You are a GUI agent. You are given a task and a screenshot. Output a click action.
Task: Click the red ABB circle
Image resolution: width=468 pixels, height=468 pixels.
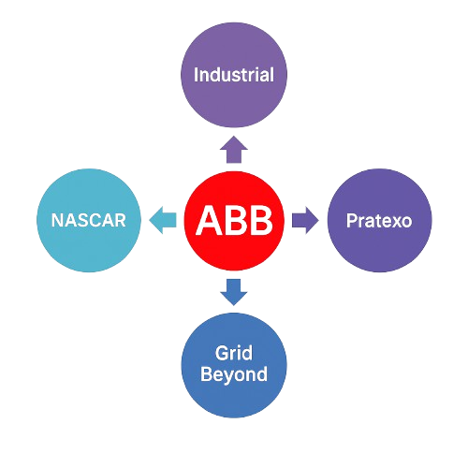(234, 221)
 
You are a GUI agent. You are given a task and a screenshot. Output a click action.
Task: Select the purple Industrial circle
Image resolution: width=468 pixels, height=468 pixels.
(234, 75)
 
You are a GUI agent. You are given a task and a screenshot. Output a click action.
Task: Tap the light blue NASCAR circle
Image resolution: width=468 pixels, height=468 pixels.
(89, 220)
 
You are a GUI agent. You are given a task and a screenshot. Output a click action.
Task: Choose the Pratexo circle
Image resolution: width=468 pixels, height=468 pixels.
(380, 220)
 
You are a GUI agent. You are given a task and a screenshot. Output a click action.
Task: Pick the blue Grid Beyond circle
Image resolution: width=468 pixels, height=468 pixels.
(234, 365)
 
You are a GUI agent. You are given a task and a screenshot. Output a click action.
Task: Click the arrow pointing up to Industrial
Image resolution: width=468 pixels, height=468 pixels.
(234, 150)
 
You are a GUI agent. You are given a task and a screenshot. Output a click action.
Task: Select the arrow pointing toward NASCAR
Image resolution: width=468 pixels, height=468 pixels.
(163, 220)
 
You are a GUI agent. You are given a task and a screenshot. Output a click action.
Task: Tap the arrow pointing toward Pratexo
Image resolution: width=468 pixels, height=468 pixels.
(305, 220)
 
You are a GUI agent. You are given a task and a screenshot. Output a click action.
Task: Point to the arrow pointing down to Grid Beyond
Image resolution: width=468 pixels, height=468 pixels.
(234, 292)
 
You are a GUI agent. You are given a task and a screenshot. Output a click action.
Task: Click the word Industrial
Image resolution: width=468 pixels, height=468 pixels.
(234, 75)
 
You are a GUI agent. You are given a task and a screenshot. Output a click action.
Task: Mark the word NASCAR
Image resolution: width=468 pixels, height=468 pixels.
(89, 220)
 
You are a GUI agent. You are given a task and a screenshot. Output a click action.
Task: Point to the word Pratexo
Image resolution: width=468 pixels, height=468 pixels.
(379, 221)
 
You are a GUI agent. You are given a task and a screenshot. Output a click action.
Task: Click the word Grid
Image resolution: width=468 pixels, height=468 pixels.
(234, 353)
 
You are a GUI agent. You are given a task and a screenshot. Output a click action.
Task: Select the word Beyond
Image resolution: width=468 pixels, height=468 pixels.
(234, 374)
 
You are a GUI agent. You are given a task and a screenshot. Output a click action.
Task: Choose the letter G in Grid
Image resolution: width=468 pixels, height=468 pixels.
(222, 353)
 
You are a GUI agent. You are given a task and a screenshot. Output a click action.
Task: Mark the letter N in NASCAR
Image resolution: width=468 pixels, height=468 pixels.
(57, 220)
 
